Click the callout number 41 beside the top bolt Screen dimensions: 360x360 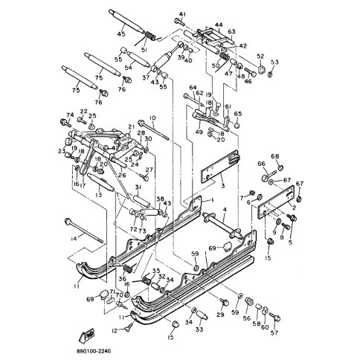coord(181,15)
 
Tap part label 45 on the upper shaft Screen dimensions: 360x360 coord(121,33)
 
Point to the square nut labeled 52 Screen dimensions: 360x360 coord(261,70)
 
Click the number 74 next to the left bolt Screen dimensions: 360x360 coord(71,115)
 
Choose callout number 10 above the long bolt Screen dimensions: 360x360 coord(152,118)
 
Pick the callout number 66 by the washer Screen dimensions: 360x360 coord(261,164)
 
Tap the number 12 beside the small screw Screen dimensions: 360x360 coord(115,330)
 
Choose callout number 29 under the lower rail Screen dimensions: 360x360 coord(220,315)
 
